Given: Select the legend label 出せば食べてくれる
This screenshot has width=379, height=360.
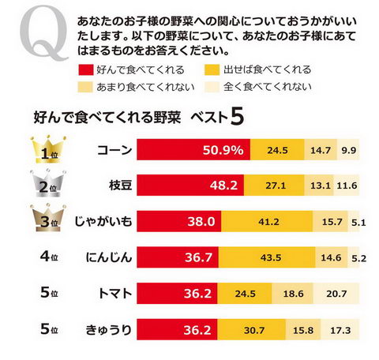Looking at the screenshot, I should tap(267, 69).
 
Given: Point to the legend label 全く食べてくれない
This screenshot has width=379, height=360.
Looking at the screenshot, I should tap(267, 86).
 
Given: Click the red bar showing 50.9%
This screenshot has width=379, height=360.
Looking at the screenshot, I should tap(194, 150).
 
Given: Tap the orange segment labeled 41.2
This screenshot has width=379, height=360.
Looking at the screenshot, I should tap(261, 222).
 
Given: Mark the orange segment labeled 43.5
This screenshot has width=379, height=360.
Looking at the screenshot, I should tap(263, 257).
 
